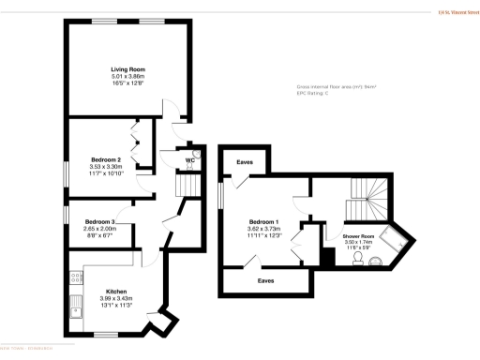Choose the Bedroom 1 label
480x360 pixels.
pos(263,221)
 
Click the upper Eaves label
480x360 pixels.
pos(246,162)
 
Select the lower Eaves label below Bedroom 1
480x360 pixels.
pos(266,279)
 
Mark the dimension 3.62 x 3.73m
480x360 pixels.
pos(263,228)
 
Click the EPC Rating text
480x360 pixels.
pos(316,94)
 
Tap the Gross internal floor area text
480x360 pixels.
pos(336,86)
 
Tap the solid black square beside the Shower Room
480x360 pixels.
pos(327,254)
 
